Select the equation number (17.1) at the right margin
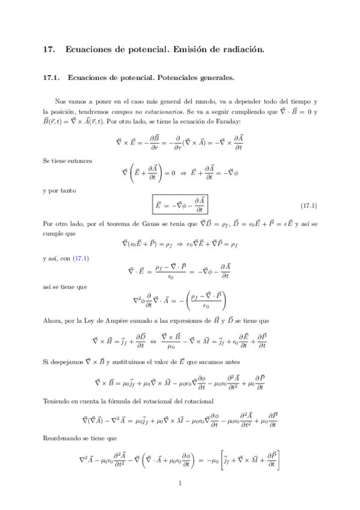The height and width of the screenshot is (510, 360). point(308,206)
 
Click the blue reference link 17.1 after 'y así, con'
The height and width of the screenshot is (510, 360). point(81,259)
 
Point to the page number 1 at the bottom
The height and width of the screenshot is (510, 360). point(180,482)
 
